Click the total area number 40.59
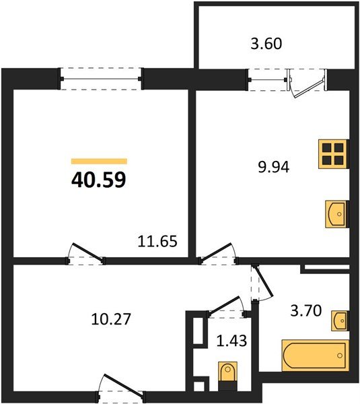tap(99, 180)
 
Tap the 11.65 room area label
tap(157, 241)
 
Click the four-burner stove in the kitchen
tap(334, 154)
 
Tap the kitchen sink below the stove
tap(337, 212)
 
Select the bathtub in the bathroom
tap(314, 355)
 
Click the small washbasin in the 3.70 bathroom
tap(340, 321)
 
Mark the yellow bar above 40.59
tap(99, 162)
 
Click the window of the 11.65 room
tap(102, 79)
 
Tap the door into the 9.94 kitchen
tap(216, 251)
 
